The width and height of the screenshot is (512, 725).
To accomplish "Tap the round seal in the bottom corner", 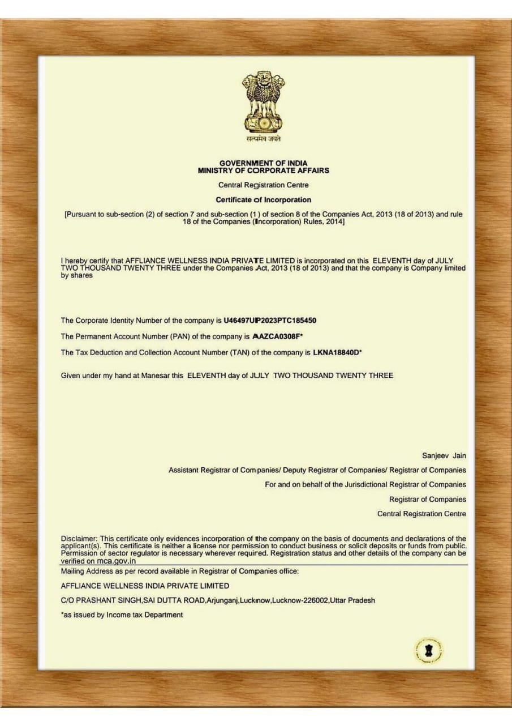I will coord(428,649).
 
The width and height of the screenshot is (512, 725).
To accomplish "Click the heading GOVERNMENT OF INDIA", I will coord(264,163).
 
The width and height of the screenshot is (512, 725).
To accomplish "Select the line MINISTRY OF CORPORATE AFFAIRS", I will coord(264,170).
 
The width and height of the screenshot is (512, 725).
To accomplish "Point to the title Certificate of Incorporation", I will coord(264,199).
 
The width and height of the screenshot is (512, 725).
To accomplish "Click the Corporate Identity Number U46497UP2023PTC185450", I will coord(270,320).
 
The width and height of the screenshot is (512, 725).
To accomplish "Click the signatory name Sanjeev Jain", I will coord(444,455).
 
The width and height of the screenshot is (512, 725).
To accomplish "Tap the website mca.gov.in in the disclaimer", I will coord(116,561).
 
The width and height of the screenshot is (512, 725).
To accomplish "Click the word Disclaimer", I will coord(79,538).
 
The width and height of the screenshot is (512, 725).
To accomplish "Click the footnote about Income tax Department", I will coord(122,615).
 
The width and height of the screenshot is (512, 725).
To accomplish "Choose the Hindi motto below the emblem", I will coord(263,139).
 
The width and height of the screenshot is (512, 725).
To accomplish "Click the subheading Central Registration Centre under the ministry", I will coord(264,185).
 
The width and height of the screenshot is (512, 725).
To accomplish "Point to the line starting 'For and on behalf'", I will coord(365,484).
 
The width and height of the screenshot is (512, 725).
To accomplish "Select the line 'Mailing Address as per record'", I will coord(179,571).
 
